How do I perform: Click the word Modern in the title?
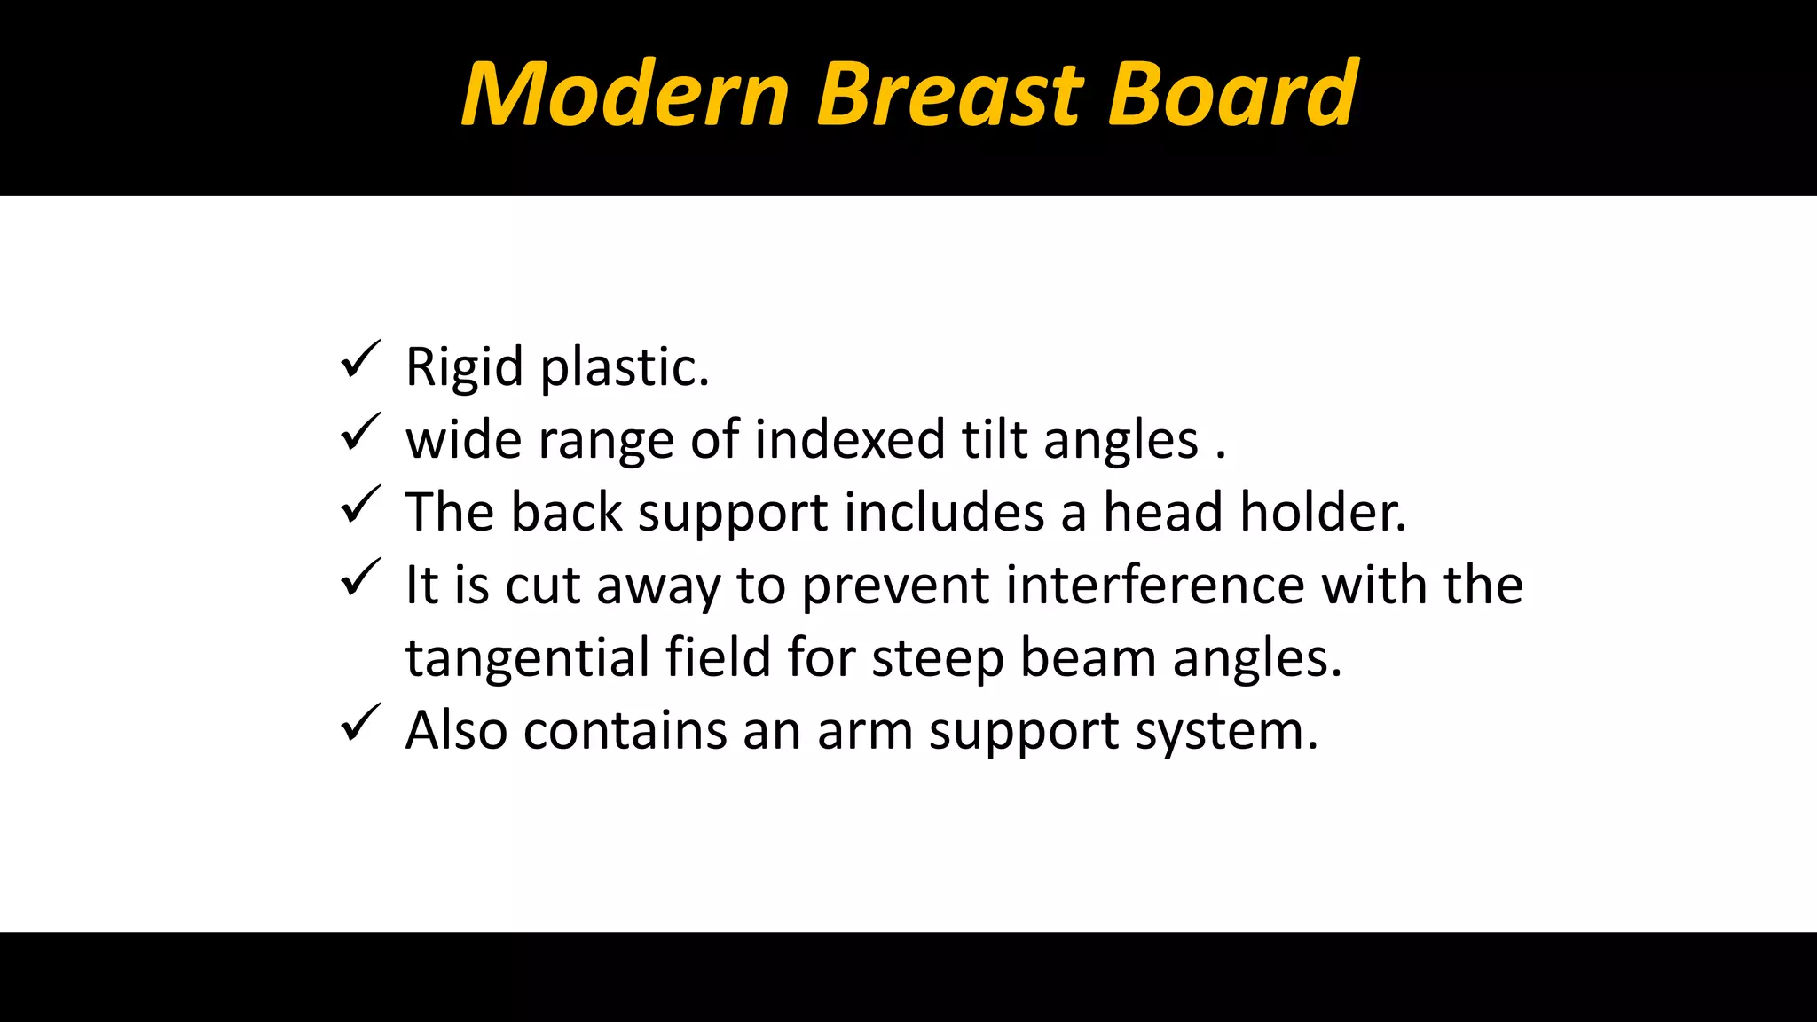(625, 94)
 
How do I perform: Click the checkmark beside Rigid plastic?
(360, 360)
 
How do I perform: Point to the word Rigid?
(464, 367)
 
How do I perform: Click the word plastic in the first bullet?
(625, 367)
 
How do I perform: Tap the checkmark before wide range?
(360, 433)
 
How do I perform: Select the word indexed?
(850, 440)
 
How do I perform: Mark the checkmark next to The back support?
(360, 506)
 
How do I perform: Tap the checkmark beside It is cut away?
(360, 578)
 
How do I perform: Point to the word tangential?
(527, 658)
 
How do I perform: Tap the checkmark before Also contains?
(360, 724)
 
